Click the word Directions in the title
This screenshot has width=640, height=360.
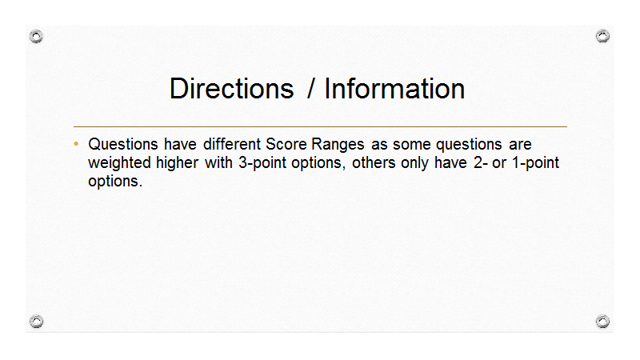point(231,89)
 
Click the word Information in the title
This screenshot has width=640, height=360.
point(394,89)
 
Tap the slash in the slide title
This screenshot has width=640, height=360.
point(310,89)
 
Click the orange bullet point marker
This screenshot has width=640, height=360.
point(76,144)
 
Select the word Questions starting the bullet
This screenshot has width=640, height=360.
point(123,144)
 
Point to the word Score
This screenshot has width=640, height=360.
point(286,144)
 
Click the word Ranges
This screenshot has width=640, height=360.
point(338,145)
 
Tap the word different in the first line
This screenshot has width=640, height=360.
point(232,144)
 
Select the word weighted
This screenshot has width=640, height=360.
point(119,163)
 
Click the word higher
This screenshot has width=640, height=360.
point(177,163)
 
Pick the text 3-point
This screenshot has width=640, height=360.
point(262,163)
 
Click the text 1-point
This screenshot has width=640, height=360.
point(535,163)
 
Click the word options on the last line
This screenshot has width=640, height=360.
point(115,182)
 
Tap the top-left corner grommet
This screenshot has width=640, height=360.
point(36,36)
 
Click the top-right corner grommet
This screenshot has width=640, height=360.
point(602,36)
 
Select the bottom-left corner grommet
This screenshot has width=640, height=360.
point(36,322)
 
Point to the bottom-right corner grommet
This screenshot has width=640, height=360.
point(602,322)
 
